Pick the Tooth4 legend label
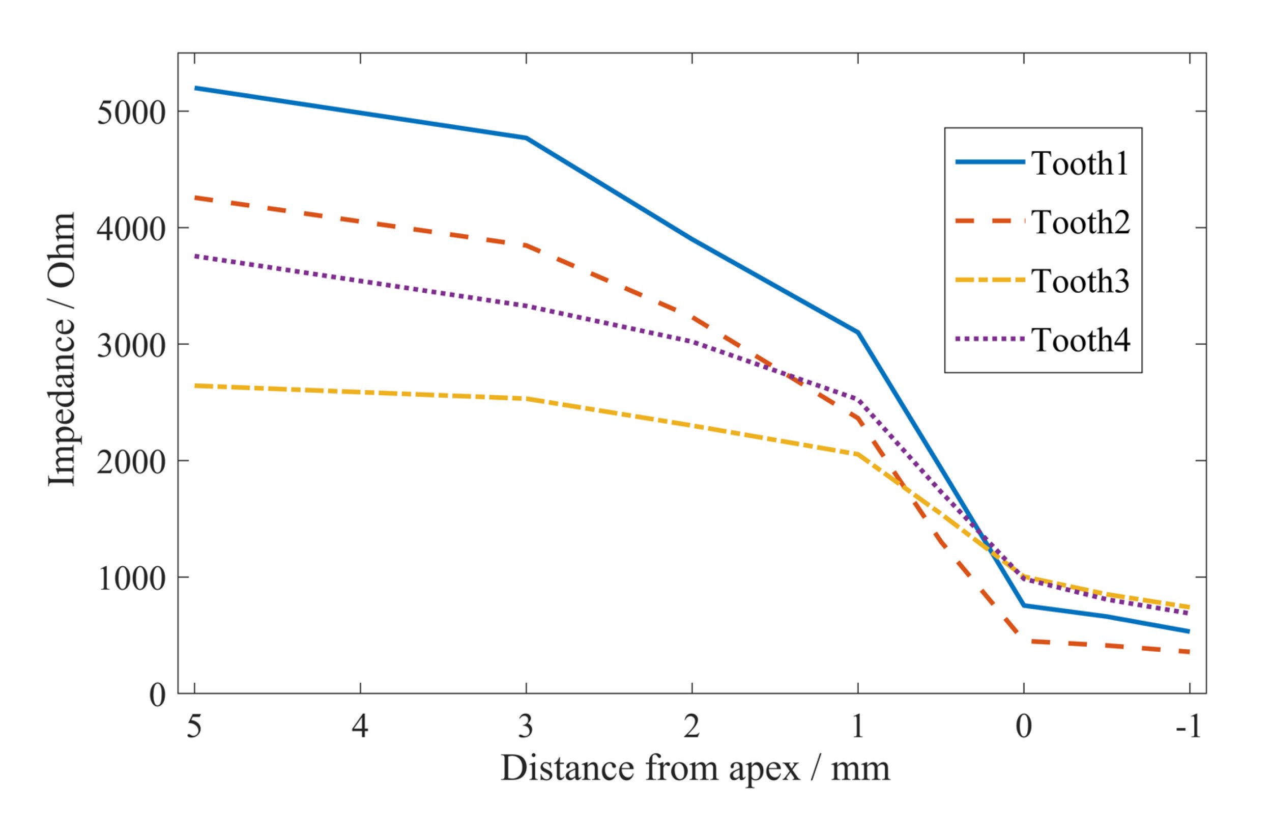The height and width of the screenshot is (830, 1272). coord(1081,340)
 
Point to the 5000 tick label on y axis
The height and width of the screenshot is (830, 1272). coord(130,113)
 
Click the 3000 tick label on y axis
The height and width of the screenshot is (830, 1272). coord(130,345)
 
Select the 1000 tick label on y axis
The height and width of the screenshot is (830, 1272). coord(130,578)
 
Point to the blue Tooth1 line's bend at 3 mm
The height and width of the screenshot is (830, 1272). coord(527,138)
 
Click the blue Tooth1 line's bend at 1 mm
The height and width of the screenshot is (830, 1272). coord(858,333)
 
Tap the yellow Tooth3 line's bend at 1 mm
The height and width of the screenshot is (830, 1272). coord(858,455)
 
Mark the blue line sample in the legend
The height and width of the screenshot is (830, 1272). coord(990,162)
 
